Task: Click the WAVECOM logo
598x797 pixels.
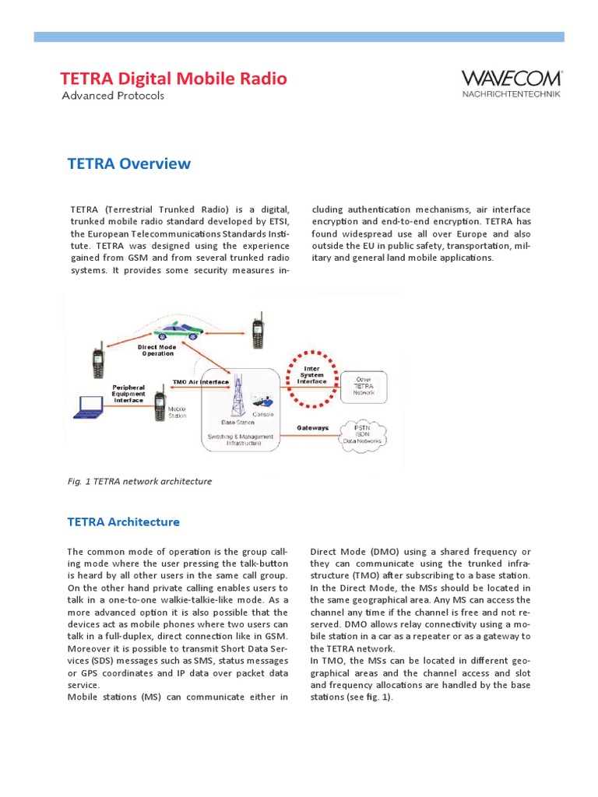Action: point(511,79)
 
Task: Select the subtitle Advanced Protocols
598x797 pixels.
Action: point(113,96)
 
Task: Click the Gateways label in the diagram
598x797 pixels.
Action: point(313,428)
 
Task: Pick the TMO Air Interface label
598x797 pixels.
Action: point(199,382)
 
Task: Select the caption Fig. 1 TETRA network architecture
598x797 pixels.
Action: point(140,482)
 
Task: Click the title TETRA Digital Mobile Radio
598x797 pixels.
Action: point(174,79)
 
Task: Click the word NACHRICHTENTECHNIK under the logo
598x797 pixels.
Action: point(511,94)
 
